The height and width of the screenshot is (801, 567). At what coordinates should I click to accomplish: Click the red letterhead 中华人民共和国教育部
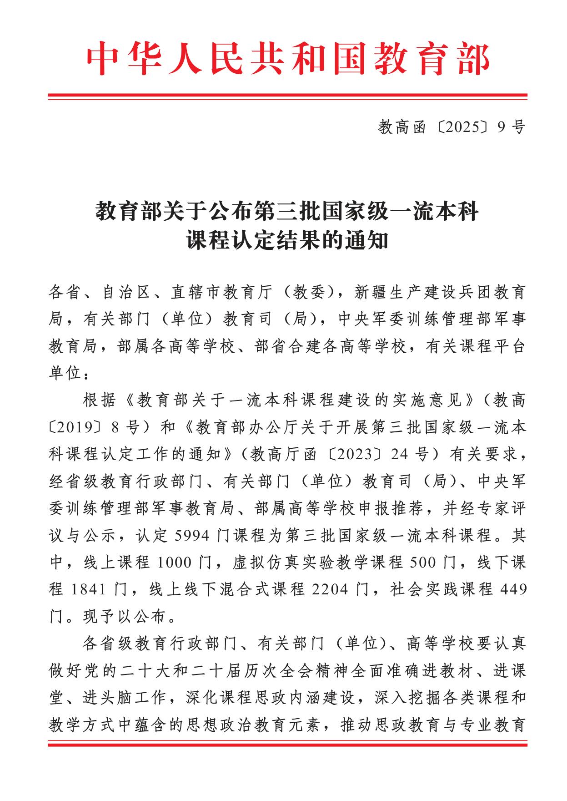tap(287, 59)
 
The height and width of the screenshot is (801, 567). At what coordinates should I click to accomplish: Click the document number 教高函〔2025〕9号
tap(451, 127)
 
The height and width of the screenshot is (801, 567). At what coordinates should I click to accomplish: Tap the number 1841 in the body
tap(90, 590)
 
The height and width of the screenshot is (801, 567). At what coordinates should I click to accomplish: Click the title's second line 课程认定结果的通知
tap(287, 240)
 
